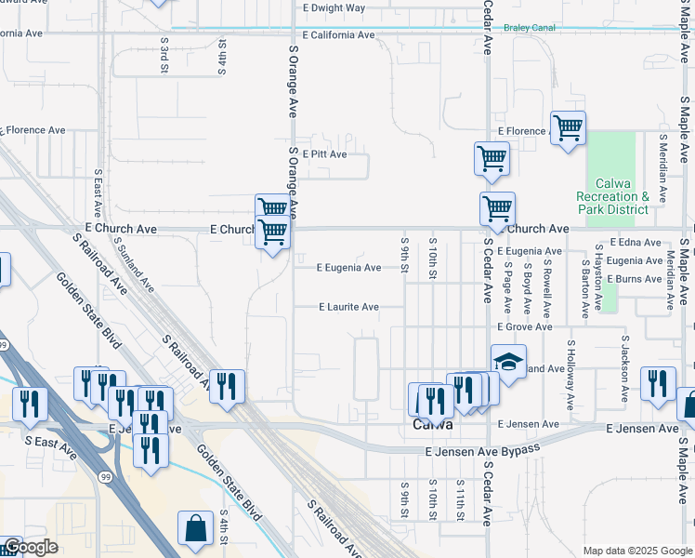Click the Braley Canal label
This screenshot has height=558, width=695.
click(529, 28)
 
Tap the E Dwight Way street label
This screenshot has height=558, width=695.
click(334, 7)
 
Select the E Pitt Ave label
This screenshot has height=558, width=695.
click(323, 154)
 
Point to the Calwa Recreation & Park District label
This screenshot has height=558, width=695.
click(612, 196)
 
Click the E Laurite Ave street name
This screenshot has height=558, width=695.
click(348, 307)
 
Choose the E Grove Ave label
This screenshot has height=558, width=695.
click(525, 327)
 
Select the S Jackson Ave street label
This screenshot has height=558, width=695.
click(625, 369)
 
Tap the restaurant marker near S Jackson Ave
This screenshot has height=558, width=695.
click(657, 383)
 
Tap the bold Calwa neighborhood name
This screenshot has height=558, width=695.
click(432, 424)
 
